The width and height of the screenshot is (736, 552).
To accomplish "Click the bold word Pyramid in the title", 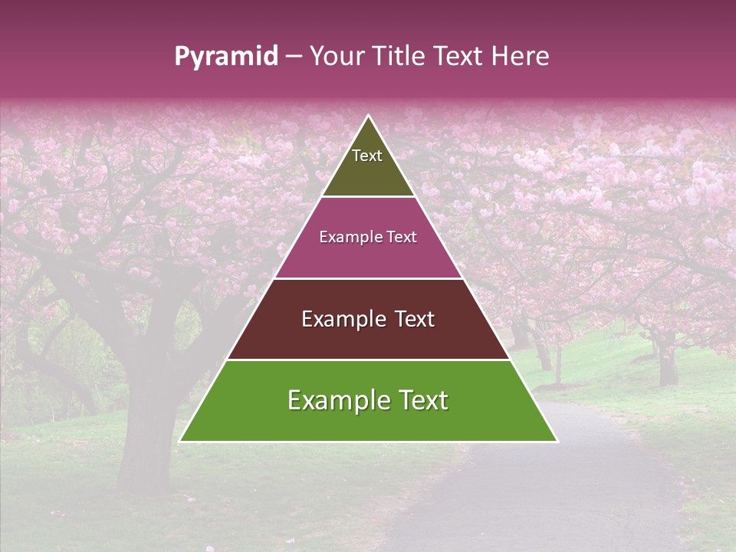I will coord(225,57).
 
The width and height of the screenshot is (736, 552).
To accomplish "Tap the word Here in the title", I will coord(520,57).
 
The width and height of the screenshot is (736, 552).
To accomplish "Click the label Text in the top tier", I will coord(367,156).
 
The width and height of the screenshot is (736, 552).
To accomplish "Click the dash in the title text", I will coord(294,57).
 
